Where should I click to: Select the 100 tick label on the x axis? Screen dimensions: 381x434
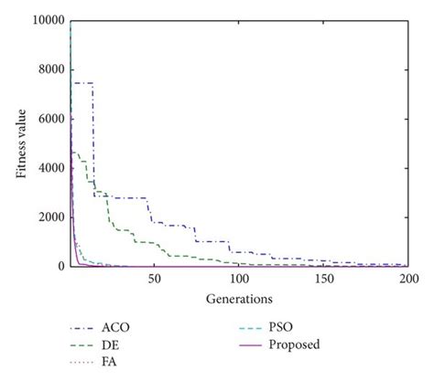(239, 279)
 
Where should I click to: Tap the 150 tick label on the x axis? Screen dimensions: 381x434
(323, 279)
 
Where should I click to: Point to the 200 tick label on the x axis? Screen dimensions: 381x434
(407, 279)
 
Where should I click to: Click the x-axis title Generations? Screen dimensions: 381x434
(238, 297)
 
